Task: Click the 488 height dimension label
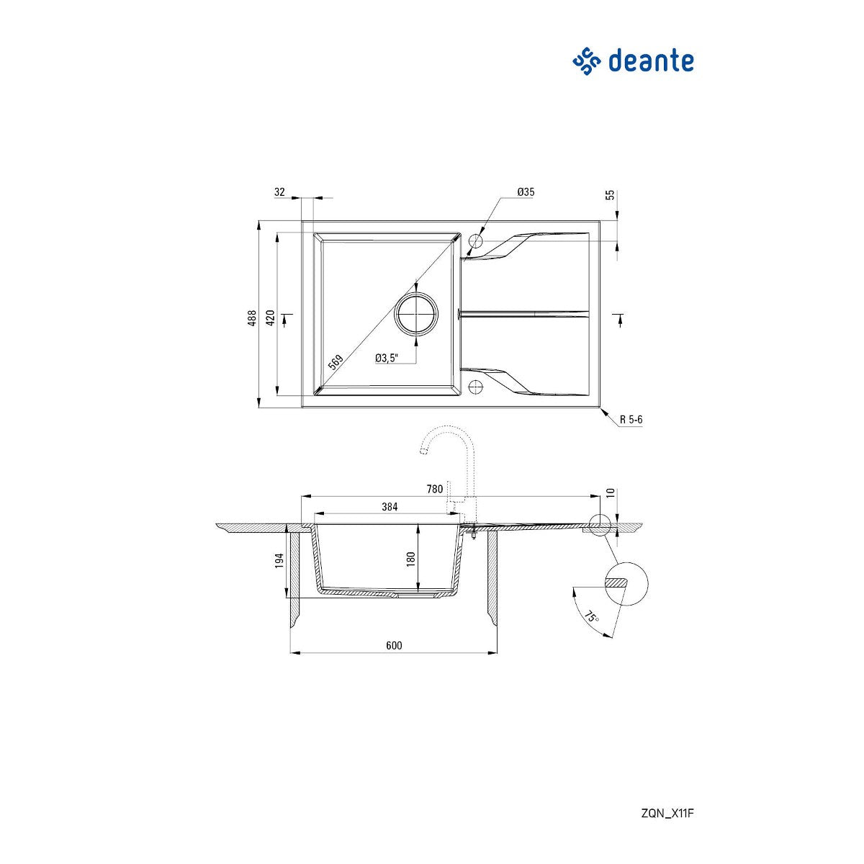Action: click(x=252, y=318)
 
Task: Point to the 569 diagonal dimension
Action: click(x=336, y=362)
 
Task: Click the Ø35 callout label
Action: click(x=526, y=192)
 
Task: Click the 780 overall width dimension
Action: click(x=434, y=490)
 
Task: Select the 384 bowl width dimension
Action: click(x=390, y=507)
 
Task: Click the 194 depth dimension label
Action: click(x=280, y=562)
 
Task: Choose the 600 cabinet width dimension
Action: click(x=394, y=646)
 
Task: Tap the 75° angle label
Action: click(x=590, y=617)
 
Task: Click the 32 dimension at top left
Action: click(x=280, y=192)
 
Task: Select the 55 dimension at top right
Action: click(x=611, y=195)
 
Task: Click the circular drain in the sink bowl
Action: click(x=416, y=315)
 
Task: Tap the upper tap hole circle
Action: click(x=475, y=240)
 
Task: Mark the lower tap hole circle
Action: click(x=475, y=387)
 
